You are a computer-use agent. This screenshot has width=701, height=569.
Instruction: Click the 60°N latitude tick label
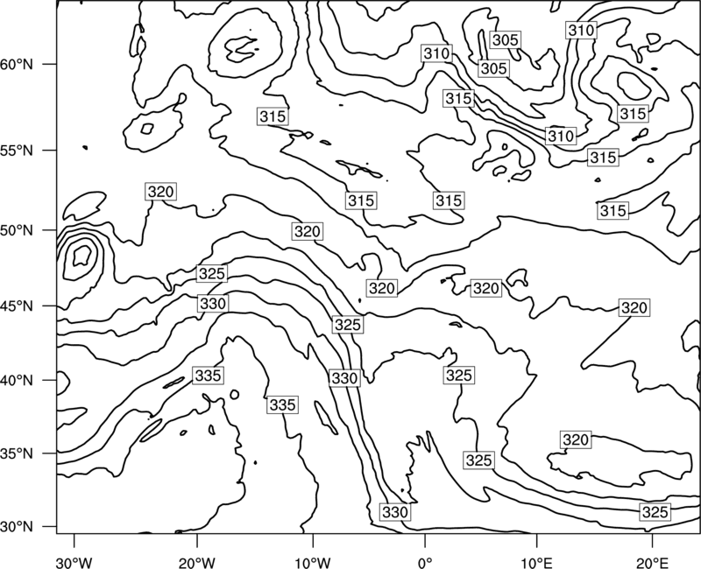[x=17, y=64]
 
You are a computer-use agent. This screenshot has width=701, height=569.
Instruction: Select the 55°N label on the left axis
[x=17, y=151]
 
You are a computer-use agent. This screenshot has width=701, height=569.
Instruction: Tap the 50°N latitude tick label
[x=17, y=230]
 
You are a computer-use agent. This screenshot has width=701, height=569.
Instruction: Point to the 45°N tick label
[x=17, y=306]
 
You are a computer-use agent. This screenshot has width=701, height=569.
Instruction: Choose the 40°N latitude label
[x=17, y=380]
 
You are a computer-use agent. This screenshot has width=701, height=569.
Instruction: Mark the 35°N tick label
[x=17, y=453]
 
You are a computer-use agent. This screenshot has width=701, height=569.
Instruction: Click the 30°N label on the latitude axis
[x=17, y=527]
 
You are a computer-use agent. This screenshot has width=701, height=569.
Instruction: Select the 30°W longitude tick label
[x=74, y=562]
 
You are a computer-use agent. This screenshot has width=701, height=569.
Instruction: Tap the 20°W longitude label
[x=196, y=562]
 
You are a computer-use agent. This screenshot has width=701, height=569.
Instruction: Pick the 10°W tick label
[x=313, y=562]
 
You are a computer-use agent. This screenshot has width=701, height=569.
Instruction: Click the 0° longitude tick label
[x=425, y=562]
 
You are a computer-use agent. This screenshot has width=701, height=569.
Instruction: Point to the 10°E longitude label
[x=536, y=562]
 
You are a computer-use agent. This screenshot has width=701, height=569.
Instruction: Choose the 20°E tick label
[x=652, y=562]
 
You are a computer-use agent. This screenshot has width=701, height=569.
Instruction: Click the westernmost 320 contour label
[x=161, y=192]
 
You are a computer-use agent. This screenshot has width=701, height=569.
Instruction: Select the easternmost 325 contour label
[x=655, y=512]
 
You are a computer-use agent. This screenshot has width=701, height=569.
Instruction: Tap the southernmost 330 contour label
[x=395, y=512]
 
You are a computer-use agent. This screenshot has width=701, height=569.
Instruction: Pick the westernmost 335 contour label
[x=209, y=376]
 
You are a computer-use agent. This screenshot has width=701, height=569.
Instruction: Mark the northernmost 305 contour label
[x=506, y=40]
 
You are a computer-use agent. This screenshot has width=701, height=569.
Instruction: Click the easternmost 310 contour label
[x=581, y=31]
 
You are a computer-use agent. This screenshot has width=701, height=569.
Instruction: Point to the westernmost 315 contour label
[x=273, y=116]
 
